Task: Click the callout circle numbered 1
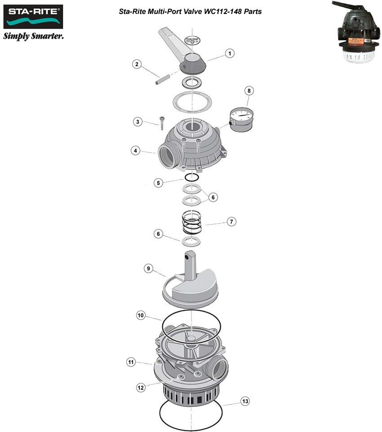click(x=230, y=54)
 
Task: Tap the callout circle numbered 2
click(x=137, y=64)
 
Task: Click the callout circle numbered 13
click(x=244, y=401)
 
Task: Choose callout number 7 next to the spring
click(x=231, y=221)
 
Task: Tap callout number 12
click(x=141, y=387)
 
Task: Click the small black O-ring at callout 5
click(x=192, y=177)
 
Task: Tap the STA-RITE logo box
click(x=33, y=17)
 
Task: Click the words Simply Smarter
click(x=33, y=36)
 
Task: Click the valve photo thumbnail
click(x=357, y=33)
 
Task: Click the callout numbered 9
click(x=148, y=268)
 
